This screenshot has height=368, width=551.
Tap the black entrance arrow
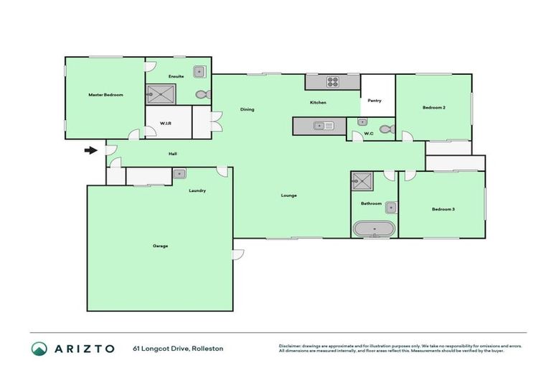90,150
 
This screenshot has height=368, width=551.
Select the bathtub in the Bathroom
373,229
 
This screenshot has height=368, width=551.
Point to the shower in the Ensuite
161,93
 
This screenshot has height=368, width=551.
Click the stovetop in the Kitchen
333,82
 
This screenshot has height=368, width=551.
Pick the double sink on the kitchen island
324,126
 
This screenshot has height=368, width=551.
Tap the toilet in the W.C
386,130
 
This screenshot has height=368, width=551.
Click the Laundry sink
179,173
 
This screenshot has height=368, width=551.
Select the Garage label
160,246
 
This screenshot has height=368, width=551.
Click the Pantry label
374,101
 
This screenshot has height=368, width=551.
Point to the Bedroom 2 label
434,107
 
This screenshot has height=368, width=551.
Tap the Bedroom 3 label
443,209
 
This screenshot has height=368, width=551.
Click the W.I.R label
164,124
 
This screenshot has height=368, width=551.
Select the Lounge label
289,195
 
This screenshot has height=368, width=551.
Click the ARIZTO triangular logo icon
39,349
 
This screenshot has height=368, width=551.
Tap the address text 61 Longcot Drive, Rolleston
178,349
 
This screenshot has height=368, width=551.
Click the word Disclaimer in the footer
291,346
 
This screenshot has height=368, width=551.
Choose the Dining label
247,109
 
